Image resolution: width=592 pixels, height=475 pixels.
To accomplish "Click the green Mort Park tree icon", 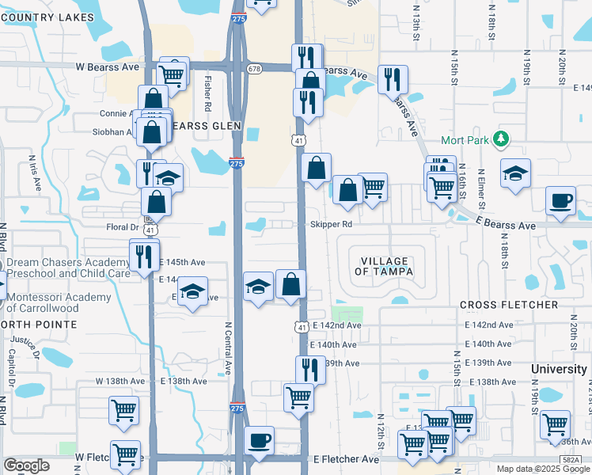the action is pos(500,140).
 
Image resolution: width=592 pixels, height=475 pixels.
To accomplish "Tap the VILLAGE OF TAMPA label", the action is pos(384,266).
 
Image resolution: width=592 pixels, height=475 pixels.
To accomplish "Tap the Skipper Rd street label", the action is pos(331,224).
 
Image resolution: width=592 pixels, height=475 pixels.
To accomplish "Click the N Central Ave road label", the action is pos(228,348).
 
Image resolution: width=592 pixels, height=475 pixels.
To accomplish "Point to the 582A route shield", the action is pos(570,459).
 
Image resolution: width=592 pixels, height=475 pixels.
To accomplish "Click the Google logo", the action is pos(26,465).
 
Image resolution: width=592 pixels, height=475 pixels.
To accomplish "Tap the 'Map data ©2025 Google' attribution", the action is pos(542,469).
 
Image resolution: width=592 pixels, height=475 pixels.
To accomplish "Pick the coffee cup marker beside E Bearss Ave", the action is pos(561,199).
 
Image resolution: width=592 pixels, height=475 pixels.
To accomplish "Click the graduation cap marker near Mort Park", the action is pos(515,173).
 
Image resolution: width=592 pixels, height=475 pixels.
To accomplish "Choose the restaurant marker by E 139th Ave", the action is pos(310,369).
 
